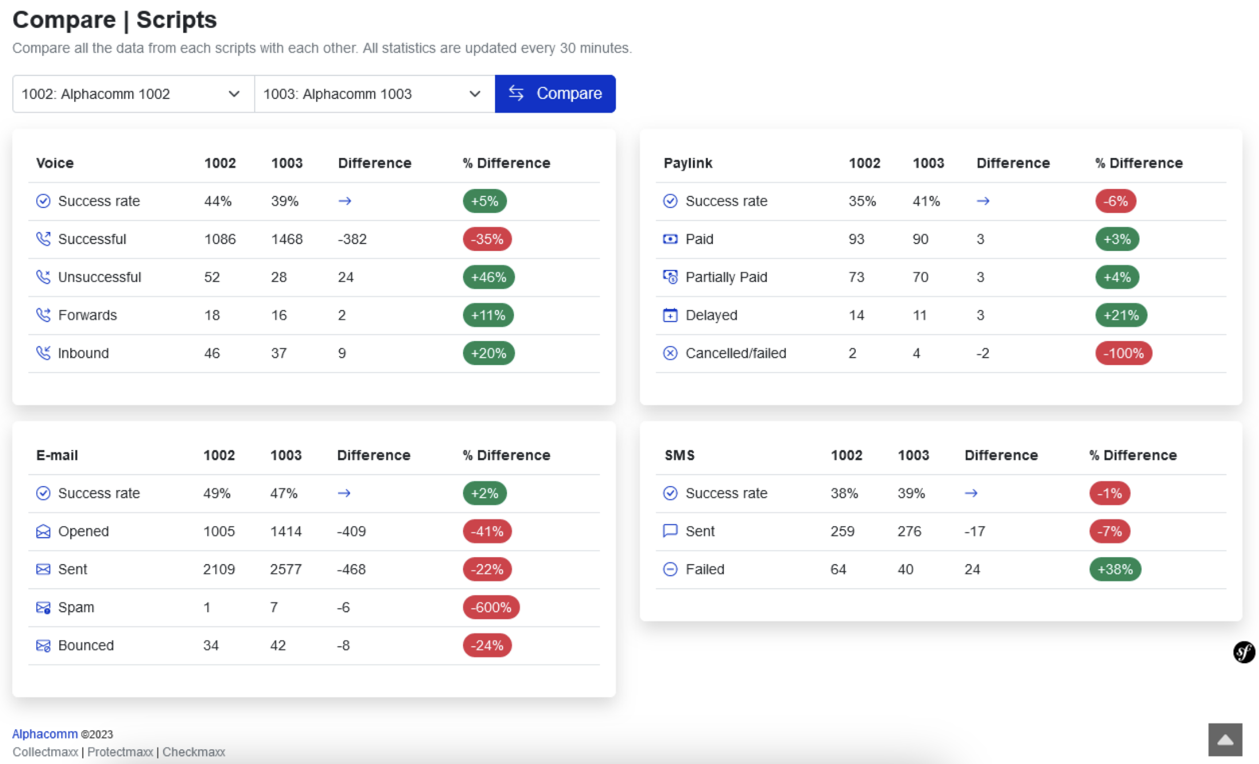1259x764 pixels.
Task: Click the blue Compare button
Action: pos(555,93)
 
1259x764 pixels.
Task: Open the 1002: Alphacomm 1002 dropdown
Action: pos(133,94)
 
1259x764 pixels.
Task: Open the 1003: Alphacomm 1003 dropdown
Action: pos(374,94)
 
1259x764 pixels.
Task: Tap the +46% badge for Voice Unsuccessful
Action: pos(488,277)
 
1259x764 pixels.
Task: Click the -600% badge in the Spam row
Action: pos(491,607)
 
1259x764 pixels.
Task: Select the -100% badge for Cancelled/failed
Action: pos(1123,353)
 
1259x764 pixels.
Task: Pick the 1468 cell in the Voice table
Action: pos(287,239)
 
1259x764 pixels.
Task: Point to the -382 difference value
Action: pos(352,239)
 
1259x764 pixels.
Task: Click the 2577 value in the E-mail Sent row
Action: pos(286,570)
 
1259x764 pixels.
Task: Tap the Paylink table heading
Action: pos(687,163)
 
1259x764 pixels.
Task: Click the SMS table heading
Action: pos(679,455)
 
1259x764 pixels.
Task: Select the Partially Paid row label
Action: pos(726,277)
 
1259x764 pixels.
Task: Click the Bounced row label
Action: pos(86,645)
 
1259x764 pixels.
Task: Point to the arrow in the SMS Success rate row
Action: pos(971,493)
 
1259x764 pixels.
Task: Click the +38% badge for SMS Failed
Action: pos(1115,570)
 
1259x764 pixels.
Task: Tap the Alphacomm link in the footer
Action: pos(45,734)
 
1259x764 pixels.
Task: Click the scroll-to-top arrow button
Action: pos(1225,739)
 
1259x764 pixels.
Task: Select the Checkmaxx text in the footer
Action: pos(193,752)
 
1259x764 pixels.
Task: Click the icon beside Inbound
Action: pos(43,353)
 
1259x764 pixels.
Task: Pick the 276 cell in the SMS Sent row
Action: pos(909,531)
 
